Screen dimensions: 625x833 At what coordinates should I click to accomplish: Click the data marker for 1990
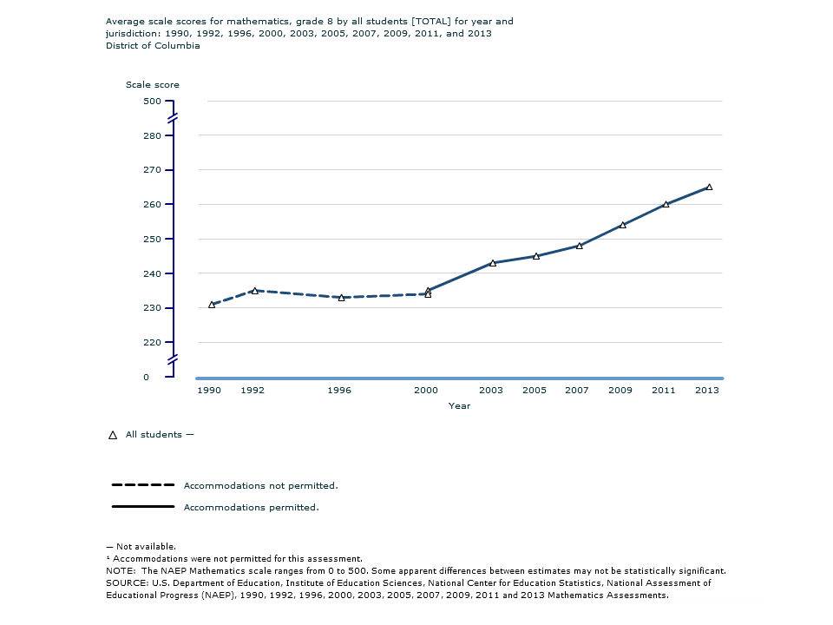pyautogui.click(x=212, y=305)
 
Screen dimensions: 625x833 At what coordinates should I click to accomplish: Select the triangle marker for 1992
pyautogui.click(x=254, y=291)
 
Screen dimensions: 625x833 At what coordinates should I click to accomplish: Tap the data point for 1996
pyautogui.click(x=341, y=298)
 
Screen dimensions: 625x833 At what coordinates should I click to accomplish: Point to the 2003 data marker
pyautogui.click(x=493, y=263)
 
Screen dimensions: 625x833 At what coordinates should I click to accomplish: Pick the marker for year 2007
pyautogui.click(x=580, y=246)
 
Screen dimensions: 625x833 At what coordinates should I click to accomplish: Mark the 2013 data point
pyautogui.click(x=709, y=187)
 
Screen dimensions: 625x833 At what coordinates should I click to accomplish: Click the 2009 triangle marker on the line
pyautogui.click(x=623, y=225)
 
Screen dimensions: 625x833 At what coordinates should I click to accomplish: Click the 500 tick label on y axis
pyautogui.click(x=153, y=102)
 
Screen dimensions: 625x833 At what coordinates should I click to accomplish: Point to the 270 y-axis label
pyautogui.click(x=153, y=170)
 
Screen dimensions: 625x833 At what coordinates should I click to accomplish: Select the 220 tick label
pyautogui.click(x=153, y=343)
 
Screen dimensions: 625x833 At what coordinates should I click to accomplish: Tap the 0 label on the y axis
pyautogui.click(x=146, y=378)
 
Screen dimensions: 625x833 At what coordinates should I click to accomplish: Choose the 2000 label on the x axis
pyautogui.click(x=425, y=391)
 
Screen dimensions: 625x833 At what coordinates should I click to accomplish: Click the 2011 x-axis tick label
pyautogui.click(x=663, y=391)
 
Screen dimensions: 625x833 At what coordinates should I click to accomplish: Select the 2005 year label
pyautogui.click(x=534, y=391)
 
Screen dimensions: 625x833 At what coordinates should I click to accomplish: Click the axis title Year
pyautogui.click(x=459, y=406)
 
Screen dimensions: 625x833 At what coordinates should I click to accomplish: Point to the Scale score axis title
pyautogui.click(x=153, y=85)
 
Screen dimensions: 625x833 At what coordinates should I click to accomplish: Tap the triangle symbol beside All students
pyautogui.click(x=112, y=436)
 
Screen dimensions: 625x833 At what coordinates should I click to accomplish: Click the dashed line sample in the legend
pyautogui.click(x=143, y=485)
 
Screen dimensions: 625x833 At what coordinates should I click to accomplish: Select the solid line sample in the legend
pyautogui.click(x=143, y=506)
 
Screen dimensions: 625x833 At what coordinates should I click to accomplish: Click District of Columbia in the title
pyautogui.click(x=153, y=46)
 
